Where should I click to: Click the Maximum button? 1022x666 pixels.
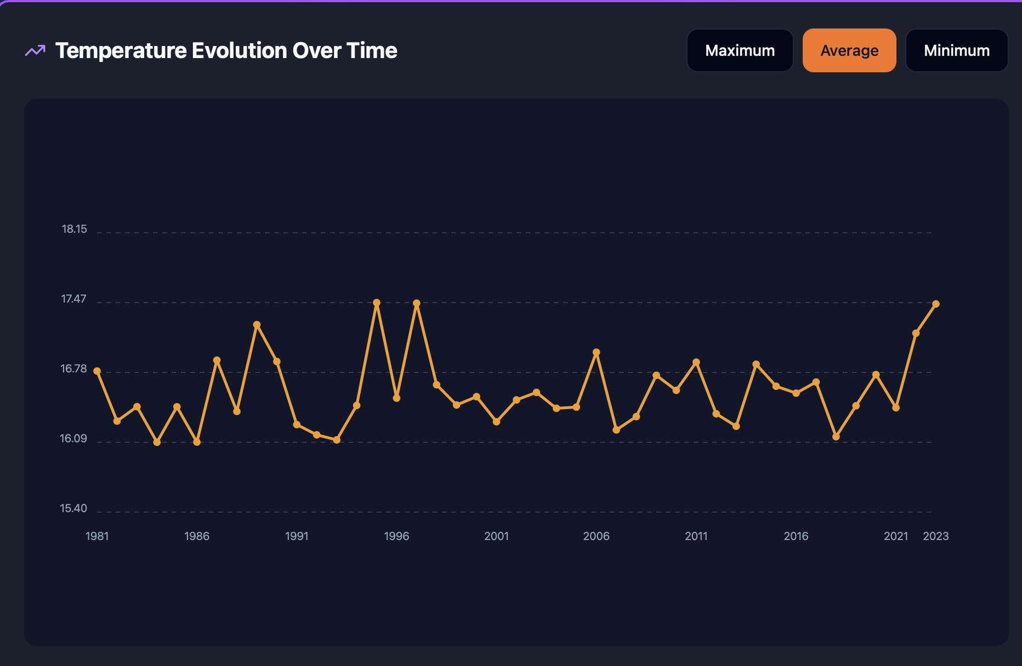(x=740, y=50)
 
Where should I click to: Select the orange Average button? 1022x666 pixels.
(x=849, y=50)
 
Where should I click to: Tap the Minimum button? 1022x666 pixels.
(x=957, y=50)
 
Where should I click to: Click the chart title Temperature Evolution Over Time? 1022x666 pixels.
(x=226, y=50)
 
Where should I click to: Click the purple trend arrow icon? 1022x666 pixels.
(x=35, y=50)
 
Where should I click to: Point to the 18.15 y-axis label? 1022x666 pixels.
(x=74, y=229)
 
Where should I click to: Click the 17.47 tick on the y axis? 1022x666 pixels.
(x=73, y=299)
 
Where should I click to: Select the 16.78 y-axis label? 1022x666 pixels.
(x=73, y=369)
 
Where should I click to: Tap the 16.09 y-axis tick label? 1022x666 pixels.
(x=73, y=439)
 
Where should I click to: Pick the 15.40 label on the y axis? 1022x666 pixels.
(x=73, y=508)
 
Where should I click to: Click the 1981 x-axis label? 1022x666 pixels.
(x=97, y=536)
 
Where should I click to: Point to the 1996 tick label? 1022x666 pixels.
(x=396, y=536)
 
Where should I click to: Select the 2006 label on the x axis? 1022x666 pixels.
(x=596, y=536)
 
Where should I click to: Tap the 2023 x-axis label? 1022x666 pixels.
(x=936, y=536)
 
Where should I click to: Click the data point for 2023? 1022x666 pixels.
(x=936, y=304)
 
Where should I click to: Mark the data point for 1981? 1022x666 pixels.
(x=97, y=371)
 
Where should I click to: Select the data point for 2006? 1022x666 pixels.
(x=597, y=352)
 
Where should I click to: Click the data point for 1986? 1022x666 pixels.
(x=197, y=442)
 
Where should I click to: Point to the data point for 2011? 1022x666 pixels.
(x=696, y=362)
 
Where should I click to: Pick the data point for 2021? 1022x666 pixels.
(x=896, y=408)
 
